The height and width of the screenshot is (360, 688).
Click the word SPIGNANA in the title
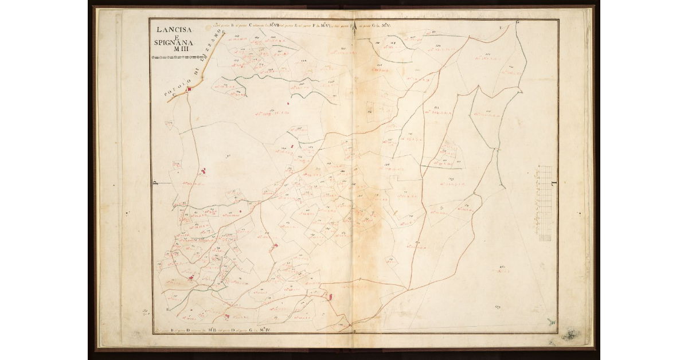pos(174,43)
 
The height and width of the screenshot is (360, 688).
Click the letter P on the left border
pos(155,184)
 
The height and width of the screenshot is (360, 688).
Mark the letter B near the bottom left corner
pos(167,310)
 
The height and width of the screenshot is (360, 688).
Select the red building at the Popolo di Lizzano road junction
pos(188,89)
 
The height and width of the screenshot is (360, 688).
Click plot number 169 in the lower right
pos(498,308)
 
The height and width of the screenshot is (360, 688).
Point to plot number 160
pos(502,267)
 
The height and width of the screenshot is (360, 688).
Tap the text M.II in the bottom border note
pos(212,330)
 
